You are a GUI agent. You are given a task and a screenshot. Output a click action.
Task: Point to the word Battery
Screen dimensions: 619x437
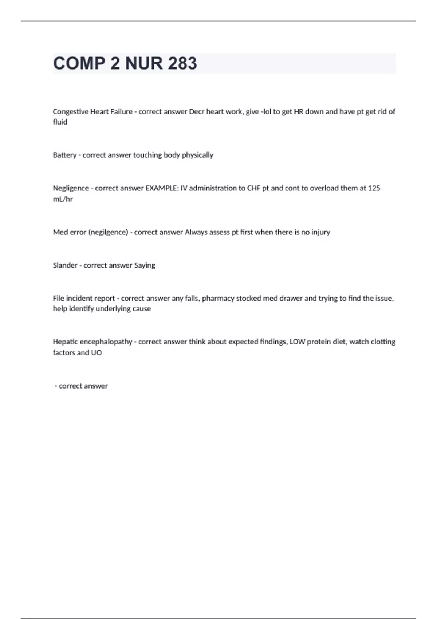point(64,155)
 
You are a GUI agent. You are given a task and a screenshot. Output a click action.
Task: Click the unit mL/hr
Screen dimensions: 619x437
point(63,199)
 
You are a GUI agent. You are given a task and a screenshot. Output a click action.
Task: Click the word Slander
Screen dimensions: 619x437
point(65,265)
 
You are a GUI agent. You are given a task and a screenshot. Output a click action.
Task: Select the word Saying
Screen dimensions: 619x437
point(145,265)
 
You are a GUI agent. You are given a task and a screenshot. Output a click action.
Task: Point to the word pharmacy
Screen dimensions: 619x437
point(218,299)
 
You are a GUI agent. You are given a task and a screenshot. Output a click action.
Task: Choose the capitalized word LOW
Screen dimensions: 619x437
point(297,342)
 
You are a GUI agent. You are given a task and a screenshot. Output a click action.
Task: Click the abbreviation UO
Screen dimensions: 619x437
point(97,353)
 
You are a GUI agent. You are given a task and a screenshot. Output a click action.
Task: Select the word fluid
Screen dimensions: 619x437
point(60,122)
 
